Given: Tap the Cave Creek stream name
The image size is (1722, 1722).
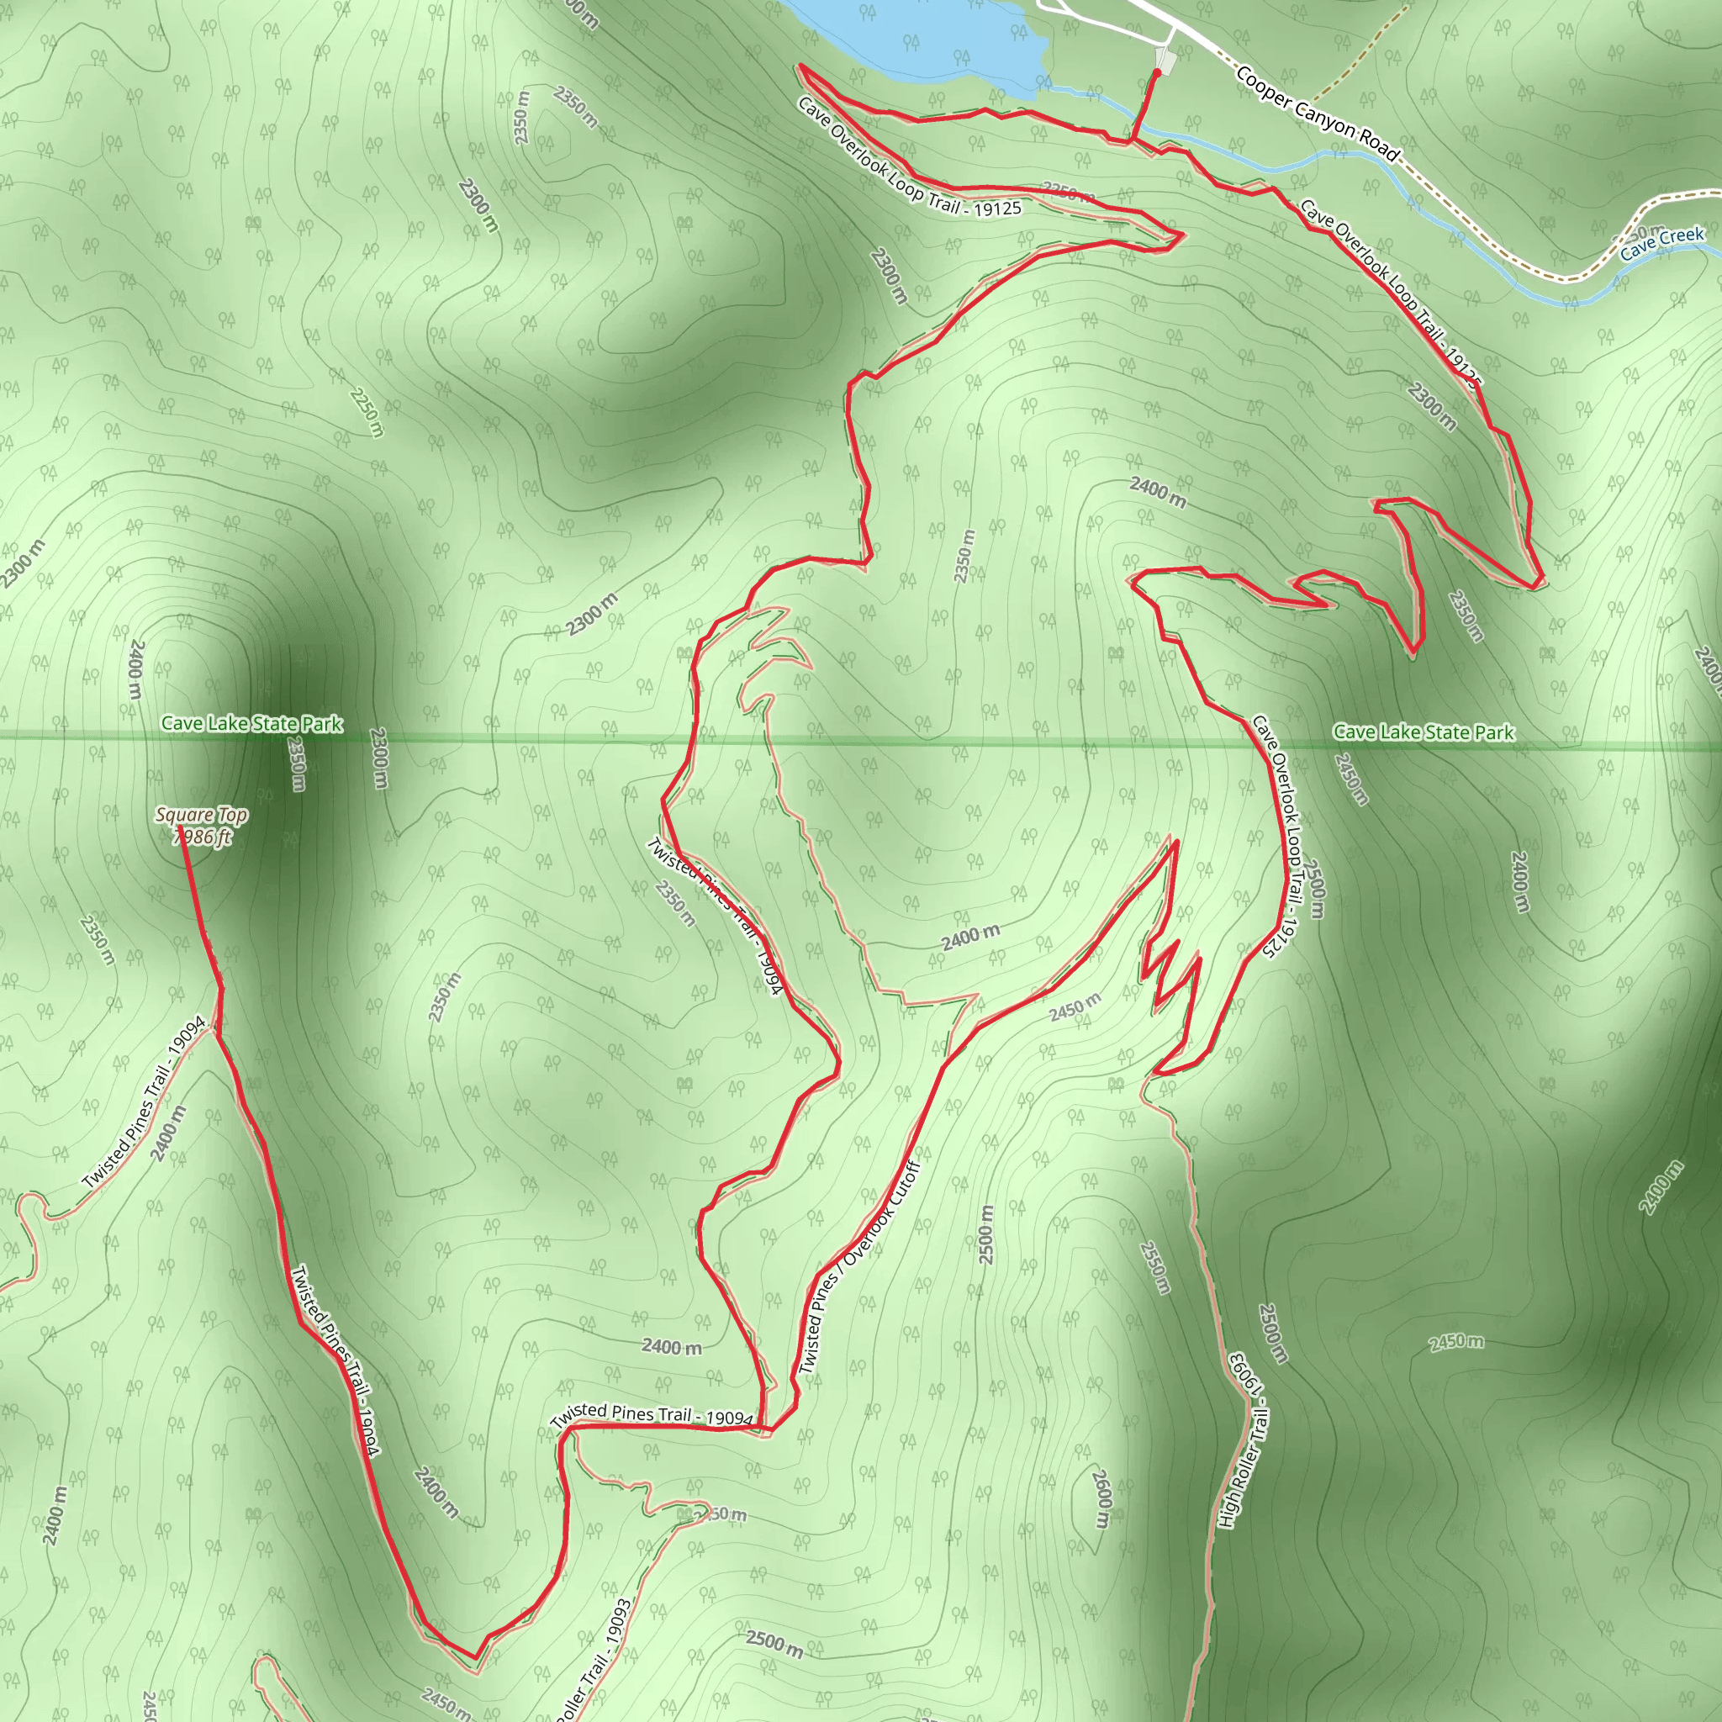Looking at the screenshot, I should (1661, 242).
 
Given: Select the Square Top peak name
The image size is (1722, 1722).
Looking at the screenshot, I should (201, 815).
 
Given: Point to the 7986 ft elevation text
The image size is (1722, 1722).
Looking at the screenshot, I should (203, 836).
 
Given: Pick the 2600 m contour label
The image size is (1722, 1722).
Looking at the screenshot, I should (1102, 1498).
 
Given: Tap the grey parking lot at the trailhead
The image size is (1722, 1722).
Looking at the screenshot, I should (1165, 61).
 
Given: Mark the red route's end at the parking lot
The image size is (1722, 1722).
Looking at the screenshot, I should (1157, 71).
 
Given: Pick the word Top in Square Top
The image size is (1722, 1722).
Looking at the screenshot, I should (232, 815).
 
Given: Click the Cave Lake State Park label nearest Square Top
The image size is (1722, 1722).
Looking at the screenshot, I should (251, 724).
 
